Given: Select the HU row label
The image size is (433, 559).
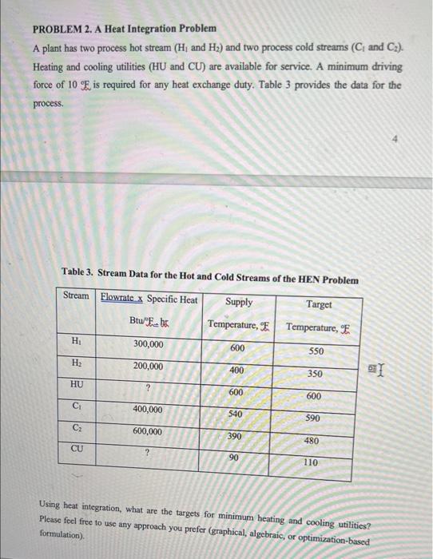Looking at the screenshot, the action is (77, 384).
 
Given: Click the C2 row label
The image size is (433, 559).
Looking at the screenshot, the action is (77, 428).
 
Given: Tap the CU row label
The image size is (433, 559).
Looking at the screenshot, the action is (77, 450).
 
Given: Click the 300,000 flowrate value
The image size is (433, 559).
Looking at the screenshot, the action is (148, 344).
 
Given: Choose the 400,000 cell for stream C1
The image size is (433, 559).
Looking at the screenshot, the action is (148, 410).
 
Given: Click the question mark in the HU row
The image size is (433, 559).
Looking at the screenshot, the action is (148, 388).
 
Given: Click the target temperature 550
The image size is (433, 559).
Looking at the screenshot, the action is (317, 352).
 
